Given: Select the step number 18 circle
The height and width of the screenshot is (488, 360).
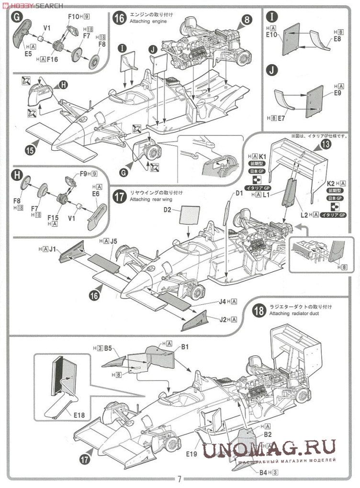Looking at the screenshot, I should coord(259,311).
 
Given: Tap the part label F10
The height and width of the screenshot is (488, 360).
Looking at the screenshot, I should coord(73,17).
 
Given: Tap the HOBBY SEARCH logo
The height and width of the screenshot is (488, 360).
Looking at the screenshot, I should coord(33,5).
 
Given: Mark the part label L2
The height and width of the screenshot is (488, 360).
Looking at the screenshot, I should coord(304,216).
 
